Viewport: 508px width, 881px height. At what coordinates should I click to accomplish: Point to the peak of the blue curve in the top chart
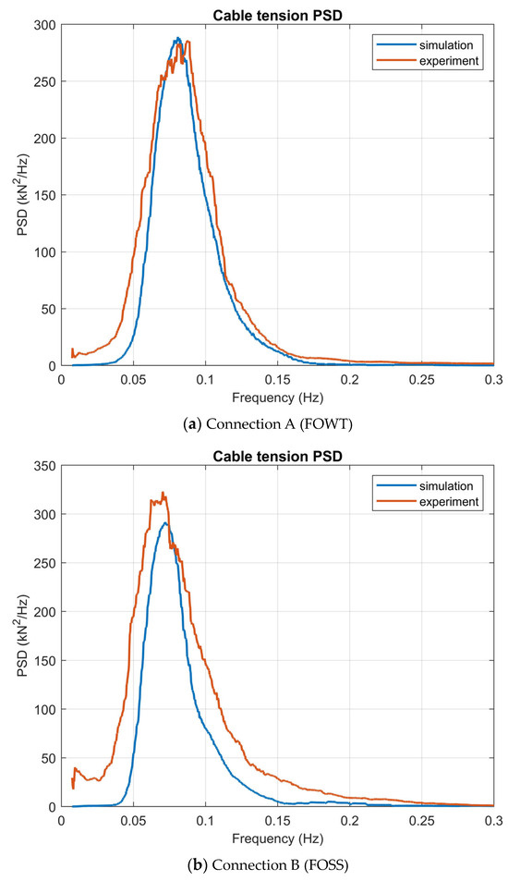(177, 38)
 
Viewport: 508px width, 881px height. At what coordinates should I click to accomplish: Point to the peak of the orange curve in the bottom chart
(163, 493)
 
